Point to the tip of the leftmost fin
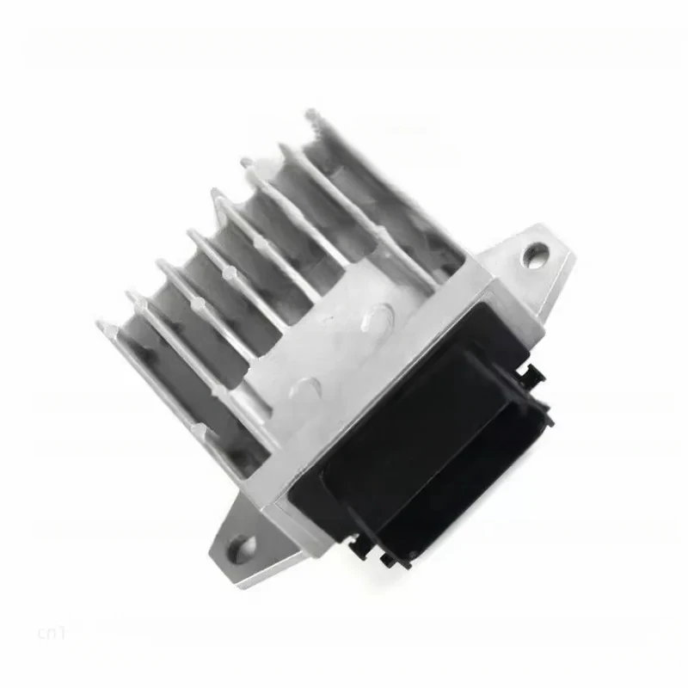pos(101,327)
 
